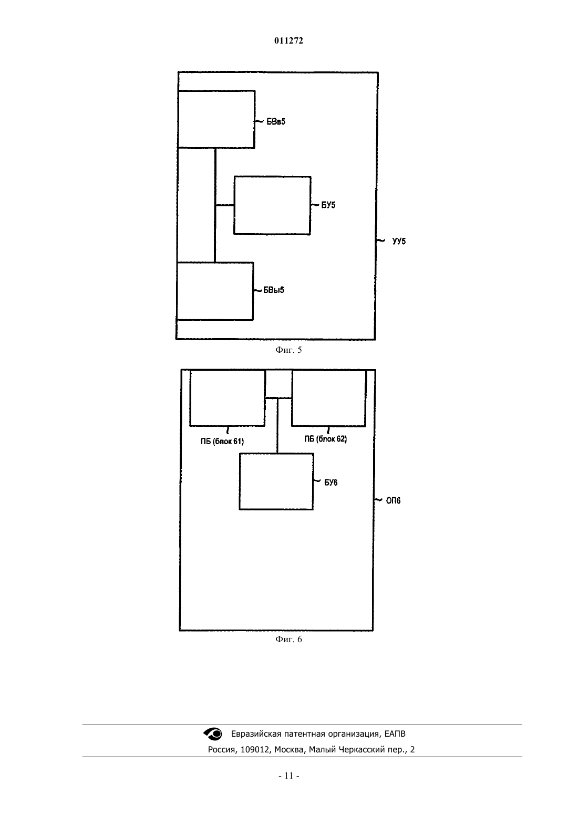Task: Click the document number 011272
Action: click(x=288, y=40)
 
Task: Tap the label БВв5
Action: click(x=276, y=122)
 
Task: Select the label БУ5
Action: click(x=328, y=205)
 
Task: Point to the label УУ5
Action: click(x=399, y=241)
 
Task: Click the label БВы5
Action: click(x=274, y=290)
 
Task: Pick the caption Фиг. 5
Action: click(x=288, y=350)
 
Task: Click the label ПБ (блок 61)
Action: click(x=222, y=442)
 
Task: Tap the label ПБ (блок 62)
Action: click(x=325, y=439)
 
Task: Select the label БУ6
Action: click(x=331, y=483)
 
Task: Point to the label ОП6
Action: click(x=393, y=501)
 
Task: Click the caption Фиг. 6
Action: click(x=288, y=640)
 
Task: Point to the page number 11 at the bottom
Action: click(x=289, y=776)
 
